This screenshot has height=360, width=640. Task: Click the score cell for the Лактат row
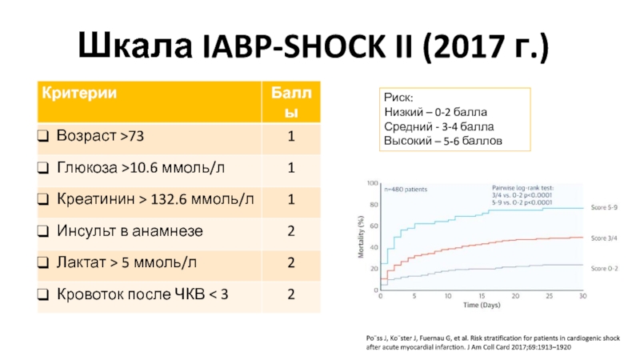tap(291, 262)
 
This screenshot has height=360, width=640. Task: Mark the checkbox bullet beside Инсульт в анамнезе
tap(42, 232)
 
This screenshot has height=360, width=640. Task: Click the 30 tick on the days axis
tap(582, 296)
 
